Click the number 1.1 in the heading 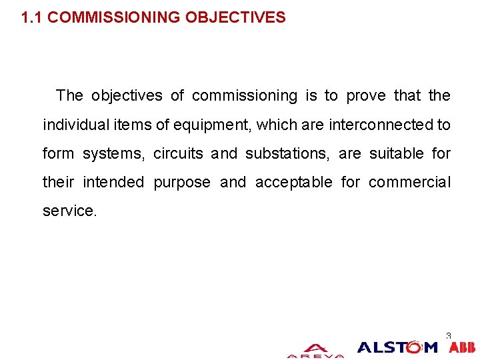pos(31,17)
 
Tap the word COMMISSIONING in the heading pos(115,17)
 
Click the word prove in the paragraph pos(366,96)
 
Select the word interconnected pos(381,125)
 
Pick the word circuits pos(178,153)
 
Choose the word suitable pos(396,153)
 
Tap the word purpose pos(182,183)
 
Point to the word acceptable pos(293,182)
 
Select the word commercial pos(409,182)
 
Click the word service pos(69,211)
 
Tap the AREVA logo pos(315,351)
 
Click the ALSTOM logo pos(397,347)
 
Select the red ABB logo pos(462,347)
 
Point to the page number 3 pos(449,336)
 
